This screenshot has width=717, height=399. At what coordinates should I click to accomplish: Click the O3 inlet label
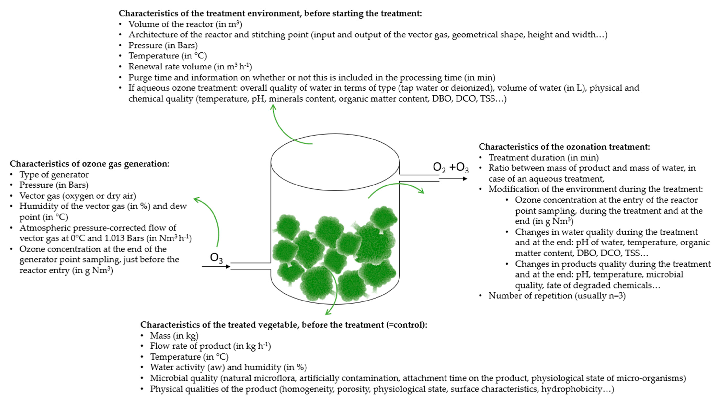[216, 258]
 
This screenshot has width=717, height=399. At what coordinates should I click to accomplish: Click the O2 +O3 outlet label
[451, 168]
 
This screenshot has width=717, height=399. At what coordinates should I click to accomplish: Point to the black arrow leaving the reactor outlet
[453, 179]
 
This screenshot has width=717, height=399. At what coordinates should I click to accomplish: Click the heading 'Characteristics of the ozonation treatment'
[564, 147]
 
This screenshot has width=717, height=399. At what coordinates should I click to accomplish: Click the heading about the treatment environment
[270, 13]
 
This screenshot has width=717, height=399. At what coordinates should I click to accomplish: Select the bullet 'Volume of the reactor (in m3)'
[185, 24]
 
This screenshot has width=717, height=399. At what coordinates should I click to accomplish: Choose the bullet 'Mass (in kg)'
[174, 335]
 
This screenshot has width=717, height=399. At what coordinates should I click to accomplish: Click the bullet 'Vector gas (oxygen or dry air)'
[78, 196]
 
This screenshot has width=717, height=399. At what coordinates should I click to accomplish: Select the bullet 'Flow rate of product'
[210, 346]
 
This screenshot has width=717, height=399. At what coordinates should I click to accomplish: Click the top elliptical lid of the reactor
[335, 162]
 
